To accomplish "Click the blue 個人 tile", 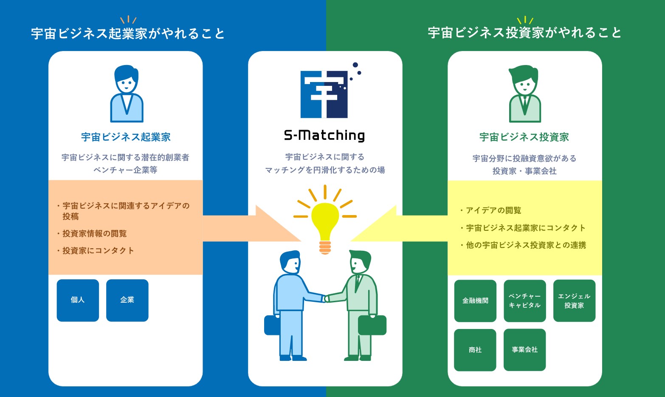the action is point(78,300).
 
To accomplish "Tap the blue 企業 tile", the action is point(127,300).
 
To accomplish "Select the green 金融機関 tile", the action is point(475,301).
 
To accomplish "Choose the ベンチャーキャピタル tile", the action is point(525,301).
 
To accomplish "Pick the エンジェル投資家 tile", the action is point(575,301).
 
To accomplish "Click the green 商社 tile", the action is point(475,350).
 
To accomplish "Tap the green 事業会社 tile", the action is point(525,350).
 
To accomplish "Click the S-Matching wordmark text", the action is point(324,136).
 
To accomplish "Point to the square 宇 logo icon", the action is point(324,94).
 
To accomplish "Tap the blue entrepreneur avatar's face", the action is point(127,83).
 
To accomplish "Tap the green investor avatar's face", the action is point(525,85).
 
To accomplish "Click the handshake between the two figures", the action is point(326,298).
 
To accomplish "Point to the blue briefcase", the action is point(272,325).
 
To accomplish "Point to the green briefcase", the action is point(372,325).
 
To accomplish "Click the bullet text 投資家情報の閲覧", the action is point(95,233).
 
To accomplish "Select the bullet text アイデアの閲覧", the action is point(493,210).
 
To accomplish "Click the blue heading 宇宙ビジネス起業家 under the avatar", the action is point(126,137).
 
